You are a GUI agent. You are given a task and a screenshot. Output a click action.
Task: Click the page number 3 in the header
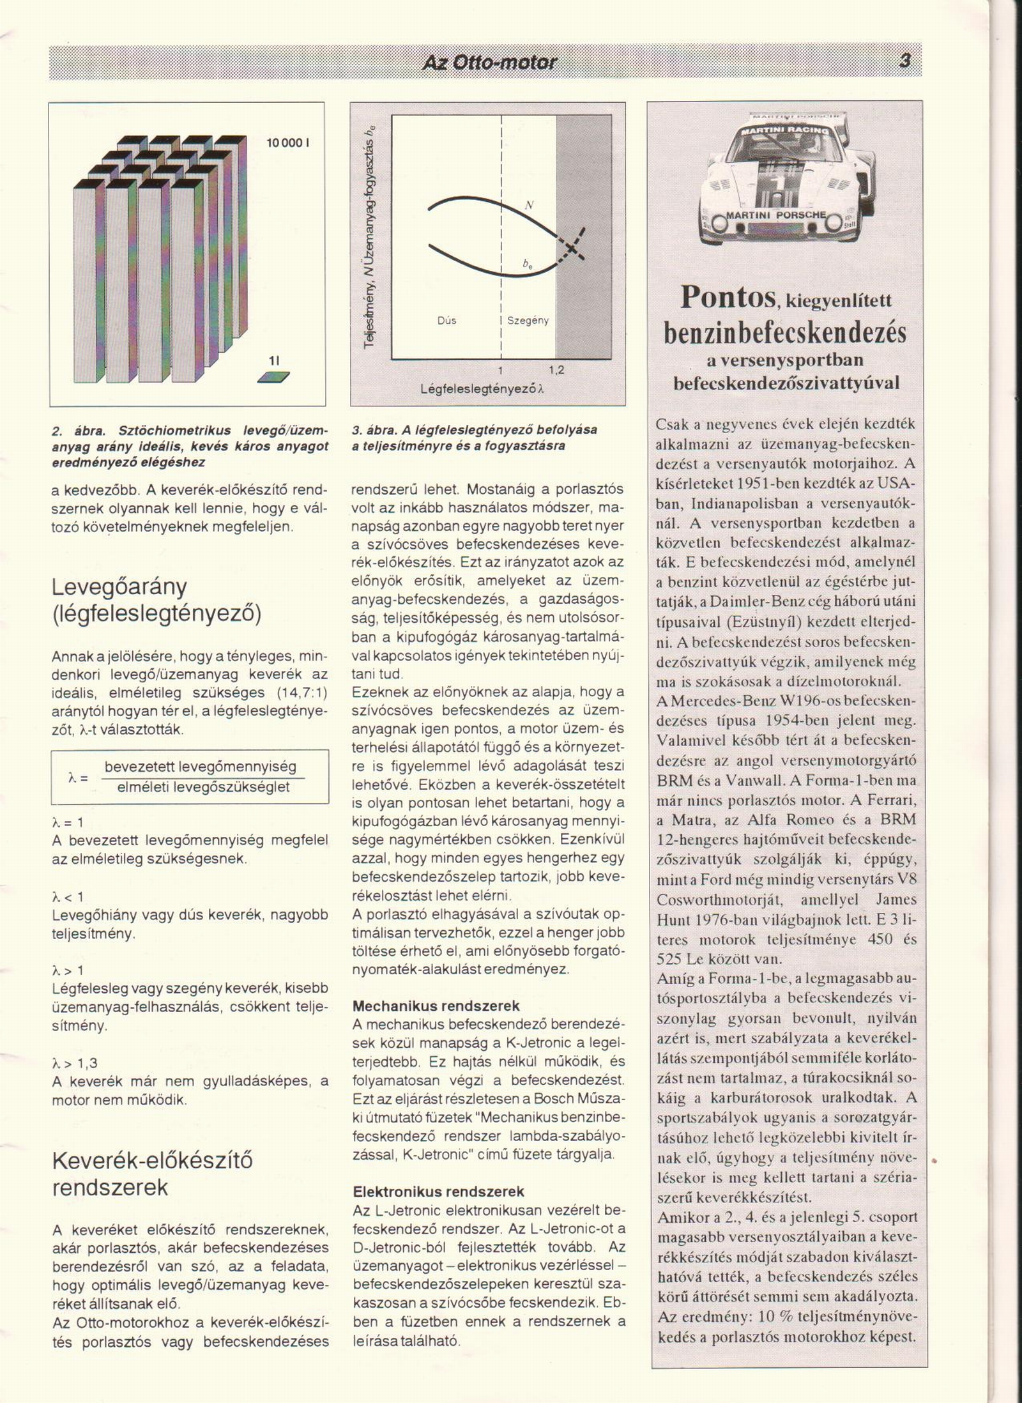(x=904, y=62)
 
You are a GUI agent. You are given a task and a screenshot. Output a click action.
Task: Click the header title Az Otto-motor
(x=489, y=63)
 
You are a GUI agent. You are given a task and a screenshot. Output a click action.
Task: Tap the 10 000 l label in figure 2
(x=287, y=142)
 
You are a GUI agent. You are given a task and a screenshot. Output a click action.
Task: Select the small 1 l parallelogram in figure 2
(x=273, y=378)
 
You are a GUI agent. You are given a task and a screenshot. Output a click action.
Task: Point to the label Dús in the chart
(x=447, y=321)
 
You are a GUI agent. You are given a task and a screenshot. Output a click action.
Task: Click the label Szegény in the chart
(x=528, y=321)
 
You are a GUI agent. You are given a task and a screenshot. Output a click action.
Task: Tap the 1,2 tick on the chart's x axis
(x=556, y=370)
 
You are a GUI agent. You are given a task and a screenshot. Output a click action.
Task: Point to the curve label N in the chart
(x=529, y=205)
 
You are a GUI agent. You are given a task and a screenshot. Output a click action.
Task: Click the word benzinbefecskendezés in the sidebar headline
(x=785, y=332)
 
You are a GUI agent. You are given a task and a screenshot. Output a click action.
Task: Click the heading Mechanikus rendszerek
(x=436, y=1006)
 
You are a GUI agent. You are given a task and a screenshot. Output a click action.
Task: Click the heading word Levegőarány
(x=119, y=586)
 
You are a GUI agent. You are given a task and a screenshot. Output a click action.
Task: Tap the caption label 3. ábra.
(x=374, y=430)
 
